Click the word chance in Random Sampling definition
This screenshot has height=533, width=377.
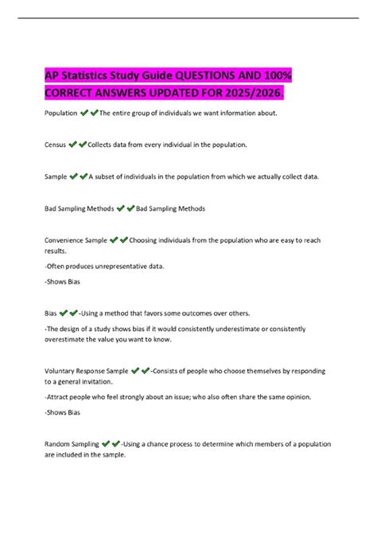point(165,443)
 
